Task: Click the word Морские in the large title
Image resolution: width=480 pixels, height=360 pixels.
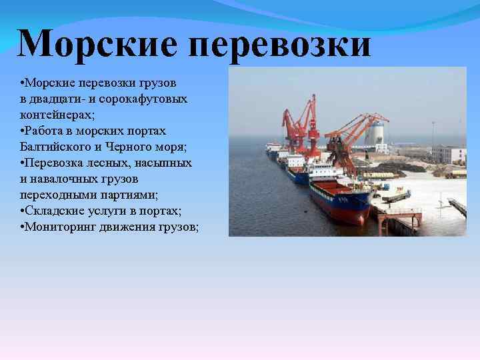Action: (95, 43)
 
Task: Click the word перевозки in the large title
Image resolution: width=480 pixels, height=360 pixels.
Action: (279, 43)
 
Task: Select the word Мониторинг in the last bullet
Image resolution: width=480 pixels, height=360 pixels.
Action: (58, 227)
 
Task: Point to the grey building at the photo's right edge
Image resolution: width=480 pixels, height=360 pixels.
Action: (448, 154)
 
